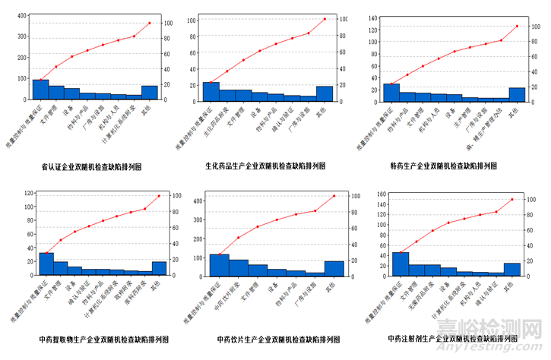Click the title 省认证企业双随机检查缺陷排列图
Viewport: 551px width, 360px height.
[x=92, y=165]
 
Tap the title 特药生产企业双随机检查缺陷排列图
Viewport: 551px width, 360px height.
[x=447, y=165]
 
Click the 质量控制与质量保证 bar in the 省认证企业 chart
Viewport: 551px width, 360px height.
[x=40, y=89]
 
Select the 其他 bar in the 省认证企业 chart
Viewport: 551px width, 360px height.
[x=150, y=92]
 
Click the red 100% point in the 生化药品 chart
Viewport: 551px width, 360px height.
[x=325, y=18]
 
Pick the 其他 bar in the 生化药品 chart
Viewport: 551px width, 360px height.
[x=325, y=93]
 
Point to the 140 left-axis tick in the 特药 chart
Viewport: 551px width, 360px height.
[x=375, y=17]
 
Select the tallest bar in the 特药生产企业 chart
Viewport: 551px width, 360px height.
[x=391, y=91]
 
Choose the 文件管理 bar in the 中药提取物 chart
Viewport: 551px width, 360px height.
[x=60, y=268]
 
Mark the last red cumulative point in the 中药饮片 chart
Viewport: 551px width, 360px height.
[x=334, y=196]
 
